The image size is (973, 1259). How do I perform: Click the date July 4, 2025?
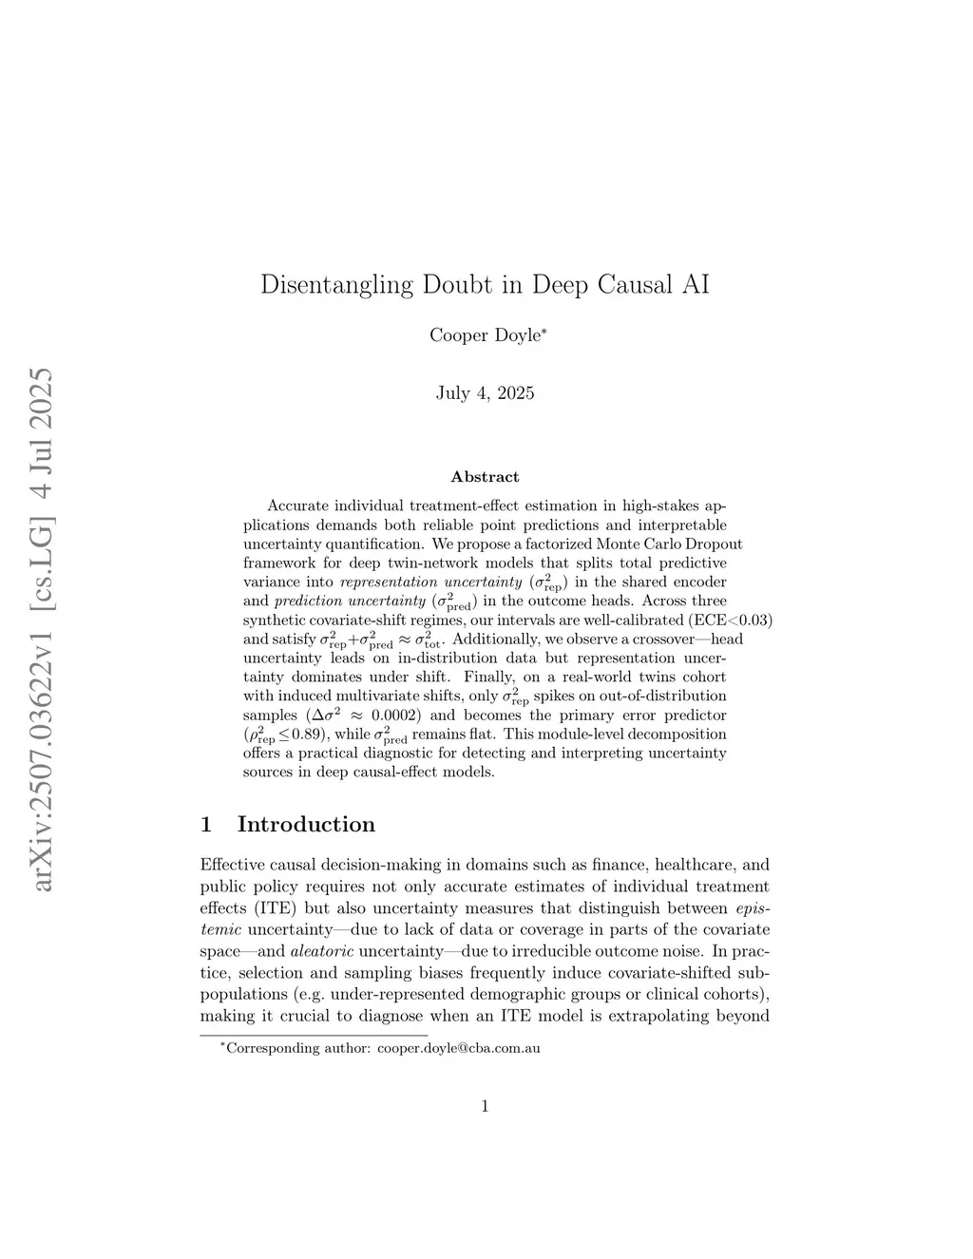[485, 392]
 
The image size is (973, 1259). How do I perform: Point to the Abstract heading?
[485, 477]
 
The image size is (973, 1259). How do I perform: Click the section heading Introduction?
[306, 824]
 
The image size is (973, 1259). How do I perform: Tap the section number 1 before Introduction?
[206, 824]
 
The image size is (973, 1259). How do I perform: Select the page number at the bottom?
[485, 1105]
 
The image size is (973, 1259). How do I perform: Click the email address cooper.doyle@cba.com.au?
[458, 1048]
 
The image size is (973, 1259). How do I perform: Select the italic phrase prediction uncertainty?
[349, 601]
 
